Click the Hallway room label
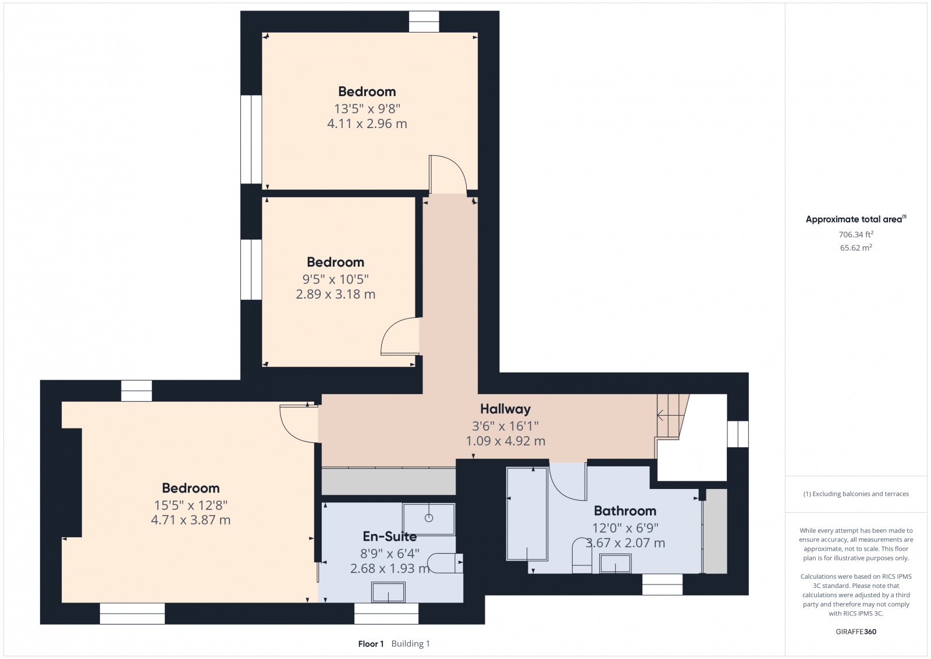505,409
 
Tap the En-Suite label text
389,536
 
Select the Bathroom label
625,511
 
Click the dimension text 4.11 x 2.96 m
367,123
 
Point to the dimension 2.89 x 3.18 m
335,294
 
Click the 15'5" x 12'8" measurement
191,505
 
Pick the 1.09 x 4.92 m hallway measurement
506,441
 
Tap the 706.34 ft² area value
856,235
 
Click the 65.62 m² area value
856,248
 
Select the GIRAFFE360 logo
856,632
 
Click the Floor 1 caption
371,644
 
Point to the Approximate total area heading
856,219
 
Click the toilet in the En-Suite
445,564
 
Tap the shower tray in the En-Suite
428,519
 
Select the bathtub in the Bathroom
527,514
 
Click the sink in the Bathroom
615,564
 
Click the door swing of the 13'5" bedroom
449,175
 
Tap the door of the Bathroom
568,481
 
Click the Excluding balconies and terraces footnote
856,494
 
